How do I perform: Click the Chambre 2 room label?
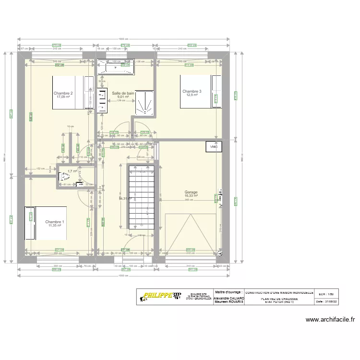pos(63,93)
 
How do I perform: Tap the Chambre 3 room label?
pos(192,91)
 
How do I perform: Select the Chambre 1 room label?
pos(54,222)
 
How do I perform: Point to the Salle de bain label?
pos(123,93)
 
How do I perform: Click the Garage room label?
pos(191,192)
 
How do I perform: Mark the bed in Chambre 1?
pos(46,223)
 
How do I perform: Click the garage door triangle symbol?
pos(191,232)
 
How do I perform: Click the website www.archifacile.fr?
pos(330,320)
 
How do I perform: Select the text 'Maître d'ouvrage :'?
pos(229,292)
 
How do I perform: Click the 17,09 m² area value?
pos(63,97)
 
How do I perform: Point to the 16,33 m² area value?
pos(191,196)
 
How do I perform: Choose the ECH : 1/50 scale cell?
pos(325,292)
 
